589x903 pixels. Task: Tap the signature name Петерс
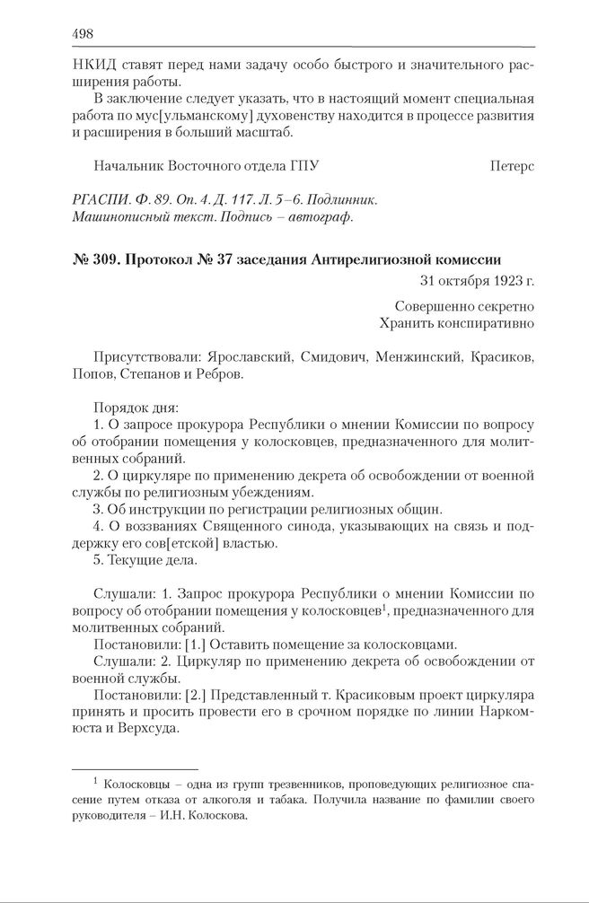[x=513, y=166]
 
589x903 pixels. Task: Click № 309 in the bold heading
[x=95, y=260]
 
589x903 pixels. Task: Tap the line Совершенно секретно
[x=464, y=305]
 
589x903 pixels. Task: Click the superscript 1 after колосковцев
[x=385, y=607]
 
